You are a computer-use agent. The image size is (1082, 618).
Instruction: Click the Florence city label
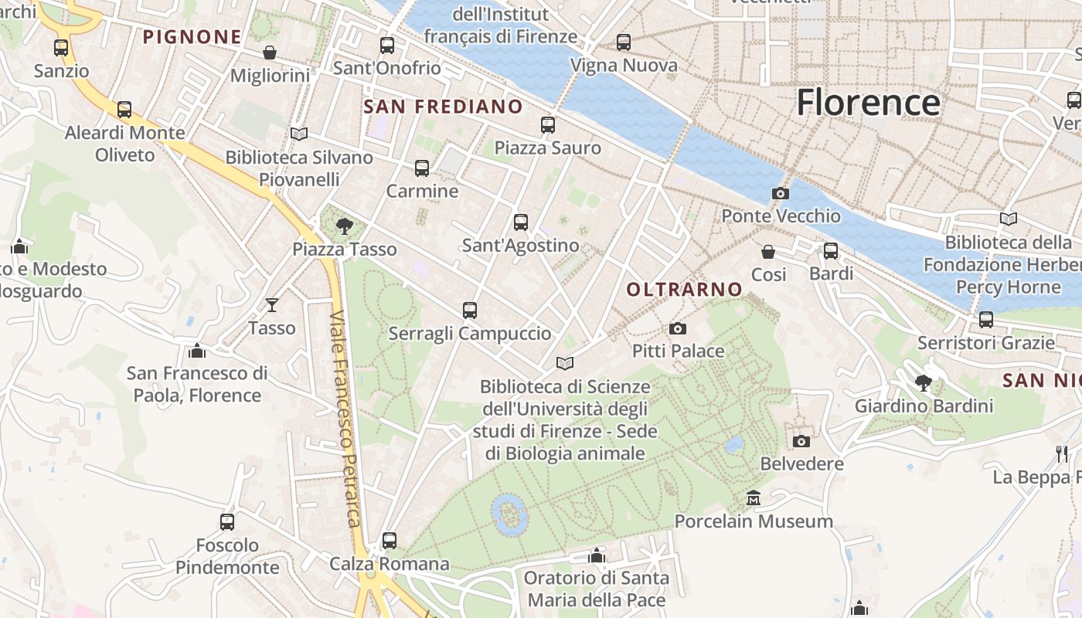pos(868,103)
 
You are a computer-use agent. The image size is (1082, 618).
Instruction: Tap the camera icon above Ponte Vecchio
pos(781,193)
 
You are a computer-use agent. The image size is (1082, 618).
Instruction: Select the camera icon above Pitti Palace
pos(678,329)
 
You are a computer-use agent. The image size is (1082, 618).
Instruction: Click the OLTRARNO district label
pos(685,290)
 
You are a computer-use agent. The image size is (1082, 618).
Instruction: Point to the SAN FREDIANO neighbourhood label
pos(443,107)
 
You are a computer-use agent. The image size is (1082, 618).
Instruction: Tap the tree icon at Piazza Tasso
pos(345,226)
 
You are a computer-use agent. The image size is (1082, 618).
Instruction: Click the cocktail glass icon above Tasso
pos(272,305)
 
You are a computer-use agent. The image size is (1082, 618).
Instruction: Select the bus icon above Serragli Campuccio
pos(469,311)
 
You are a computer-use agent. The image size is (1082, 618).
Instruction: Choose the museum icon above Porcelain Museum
pos(754,498)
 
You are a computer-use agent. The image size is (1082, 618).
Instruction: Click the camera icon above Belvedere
pos(801,441)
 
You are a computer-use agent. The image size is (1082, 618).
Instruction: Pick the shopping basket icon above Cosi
pos(768,252)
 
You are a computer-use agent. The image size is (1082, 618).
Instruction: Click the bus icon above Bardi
pos(831,251)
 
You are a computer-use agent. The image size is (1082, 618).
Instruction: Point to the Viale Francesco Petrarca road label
pos(345,419)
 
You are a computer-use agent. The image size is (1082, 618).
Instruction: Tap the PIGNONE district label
pos(192,36)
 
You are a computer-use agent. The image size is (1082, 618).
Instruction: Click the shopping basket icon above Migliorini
pos(270,53)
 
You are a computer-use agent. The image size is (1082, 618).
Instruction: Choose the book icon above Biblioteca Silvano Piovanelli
pos(299,134)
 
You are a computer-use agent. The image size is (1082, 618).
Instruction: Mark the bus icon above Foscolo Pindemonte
pos(227,522)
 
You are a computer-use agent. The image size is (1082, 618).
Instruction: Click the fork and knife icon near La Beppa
pos(1063,453)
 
